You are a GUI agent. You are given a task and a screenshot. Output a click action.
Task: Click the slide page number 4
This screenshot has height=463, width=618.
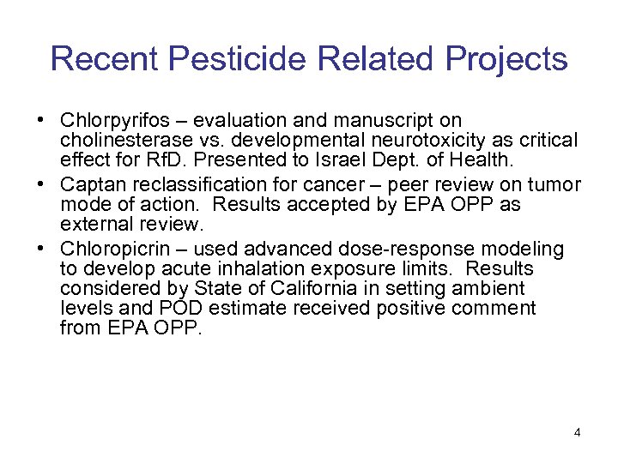click(577, 432)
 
